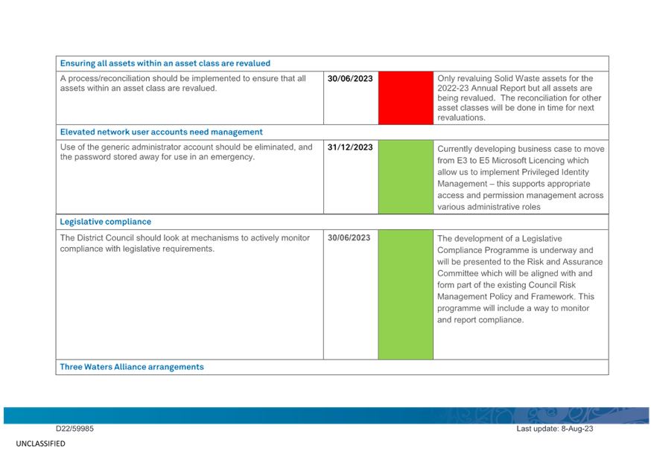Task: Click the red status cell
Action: [x=406, y=98]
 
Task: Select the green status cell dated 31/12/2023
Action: [x=406, y=177]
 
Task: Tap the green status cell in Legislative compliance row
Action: [x=406, y=295]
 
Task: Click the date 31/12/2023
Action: [x=350, y=147]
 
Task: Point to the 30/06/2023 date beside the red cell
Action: [x=350, y=78]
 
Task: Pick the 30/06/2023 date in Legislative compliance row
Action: [x=349, y=237]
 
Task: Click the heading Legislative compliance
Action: [x=106, y=222]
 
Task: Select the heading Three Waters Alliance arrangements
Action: [x=132, y=367]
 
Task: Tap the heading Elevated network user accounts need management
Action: [x=162, y=132]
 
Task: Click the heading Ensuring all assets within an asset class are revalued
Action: [x=165, y=63]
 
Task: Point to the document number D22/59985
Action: [x=74, y=429]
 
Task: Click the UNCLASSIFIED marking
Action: [x=41, y=444]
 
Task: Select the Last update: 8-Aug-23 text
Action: [x=555, y=429]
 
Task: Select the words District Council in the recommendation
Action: [x=106, y=237]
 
